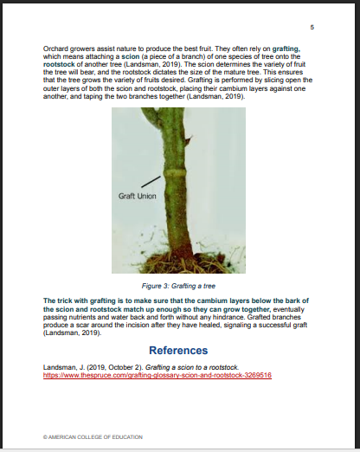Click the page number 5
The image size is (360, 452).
[x=312, y=29]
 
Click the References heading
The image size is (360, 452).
[x=178, y=351]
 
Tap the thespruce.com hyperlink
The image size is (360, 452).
[x=157, y=375]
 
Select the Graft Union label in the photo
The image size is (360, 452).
[x=136, y=195]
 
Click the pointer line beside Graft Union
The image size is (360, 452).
[x=151, y=182]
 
